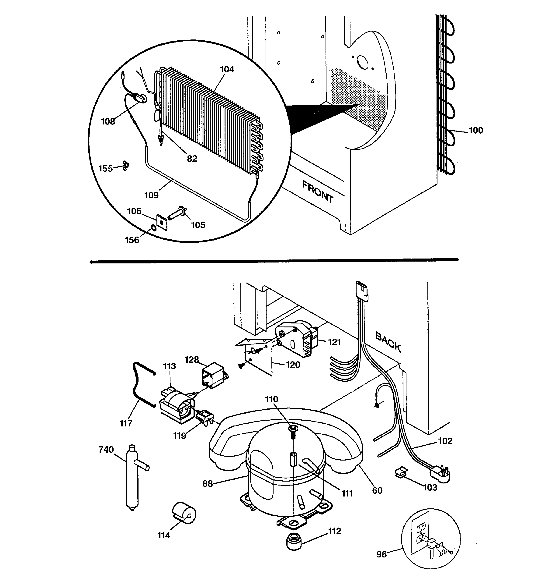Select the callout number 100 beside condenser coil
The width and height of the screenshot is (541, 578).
476,130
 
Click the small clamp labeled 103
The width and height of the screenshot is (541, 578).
401,472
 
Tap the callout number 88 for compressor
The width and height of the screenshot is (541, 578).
208,483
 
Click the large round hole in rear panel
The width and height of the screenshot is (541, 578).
362,62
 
